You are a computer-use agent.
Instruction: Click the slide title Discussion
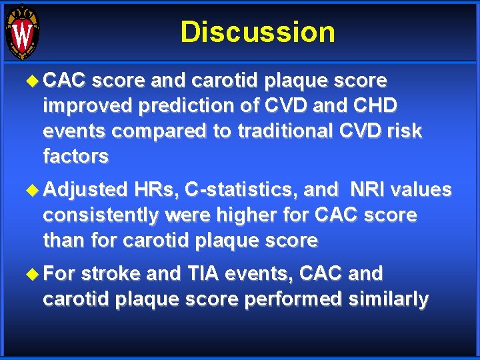point(257,32)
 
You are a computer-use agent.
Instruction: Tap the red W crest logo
point(22,32)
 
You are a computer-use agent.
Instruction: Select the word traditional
point(273,131)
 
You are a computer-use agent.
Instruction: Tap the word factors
point(75,157)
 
